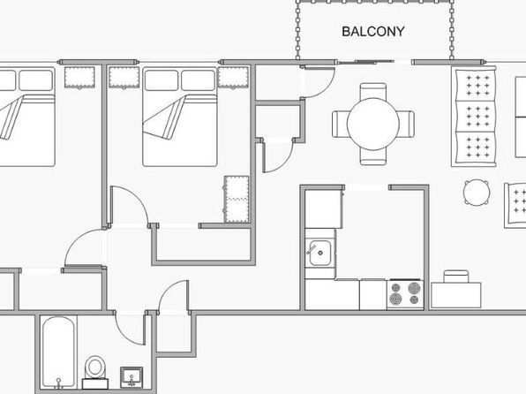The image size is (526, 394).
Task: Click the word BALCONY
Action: point(373,32)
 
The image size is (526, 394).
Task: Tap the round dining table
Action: point(373,124)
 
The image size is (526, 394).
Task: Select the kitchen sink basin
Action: point(320,253)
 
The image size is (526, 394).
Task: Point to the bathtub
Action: point(58,352)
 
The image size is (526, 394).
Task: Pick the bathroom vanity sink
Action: point(131,377)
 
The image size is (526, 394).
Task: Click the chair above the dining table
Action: point(373,91)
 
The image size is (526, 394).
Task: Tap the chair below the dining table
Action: point(373,157)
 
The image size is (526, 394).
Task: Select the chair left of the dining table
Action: point(340,124)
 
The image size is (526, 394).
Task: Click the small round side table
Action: point(477,192)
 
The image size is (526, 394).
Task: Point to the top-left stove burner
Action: point(396,288)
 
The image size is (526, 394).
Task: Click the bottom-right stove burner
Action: point(415,299)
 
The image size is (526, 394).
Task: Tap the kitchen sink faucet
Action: point(312,250)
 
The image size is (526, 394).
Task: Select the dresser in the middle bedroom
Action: point(237,199)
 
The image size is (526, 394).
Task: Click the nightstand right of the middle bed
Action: point(234,78)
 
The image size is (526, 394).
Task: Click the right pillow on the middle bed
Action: point(198,80)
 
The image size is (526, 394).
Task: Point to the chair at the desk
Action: point(456,277)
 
